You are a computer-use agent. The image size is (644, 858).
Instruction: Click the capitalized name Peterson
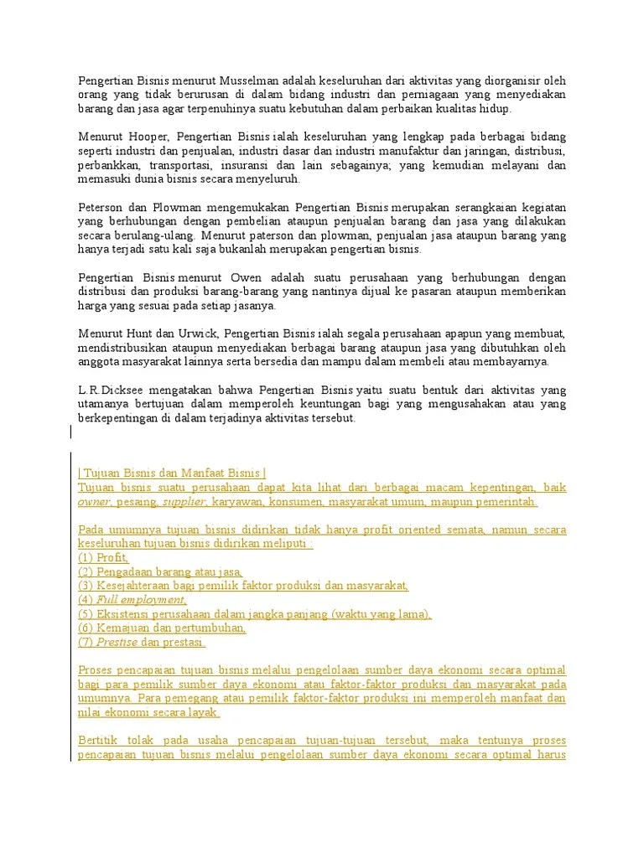(101, 207)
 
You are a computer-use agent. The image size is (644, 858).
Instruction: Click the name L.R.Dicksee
(106, 390)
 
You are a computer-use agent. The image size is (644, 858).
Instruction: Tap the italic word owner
(94, 502)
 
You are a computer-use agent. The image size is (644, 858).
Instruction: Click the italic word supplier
(184, 502)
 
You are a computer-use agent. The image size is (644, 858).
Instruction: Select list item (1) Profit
(103, 558)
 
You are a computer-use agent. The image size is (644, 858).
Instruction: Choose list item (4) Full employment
(132, 601)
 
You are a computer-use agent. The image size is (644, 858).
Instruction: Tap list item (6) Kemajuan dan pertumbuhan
(162, 628)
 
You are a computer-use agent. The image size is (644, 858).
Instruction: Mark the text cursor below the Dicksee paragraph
(71, 432)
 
